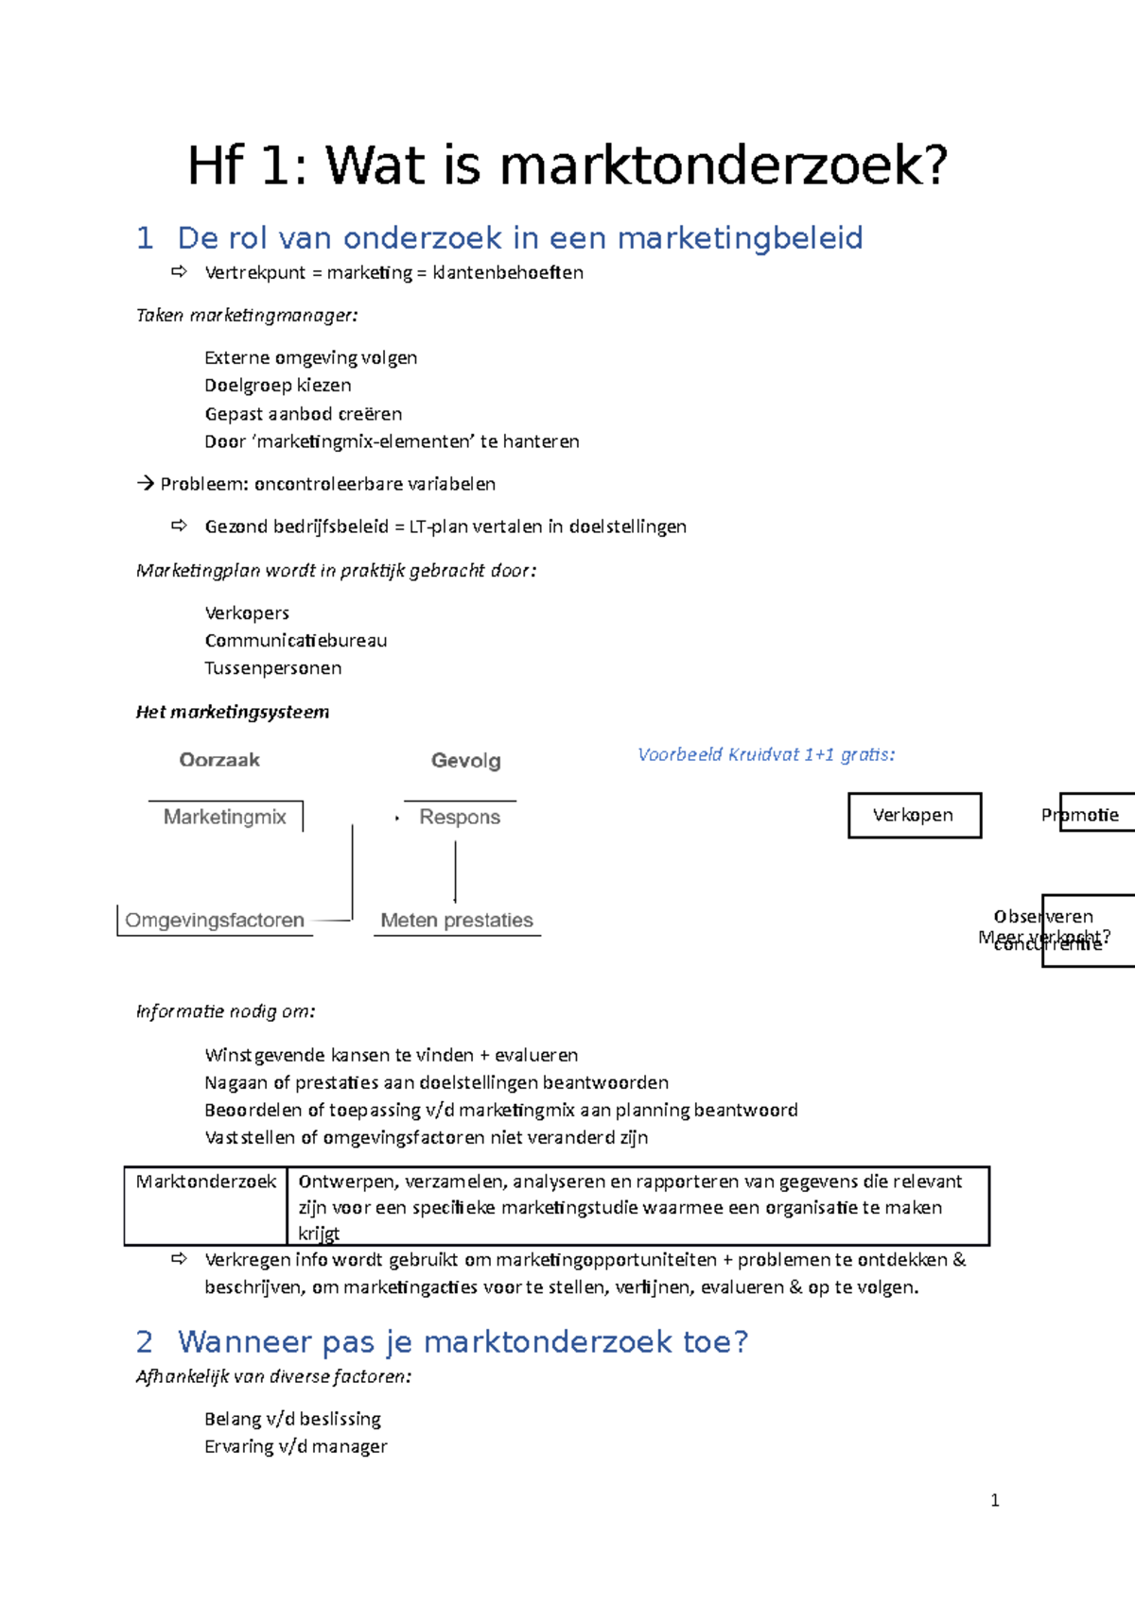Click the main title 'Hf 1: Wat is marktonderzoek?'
[567, 165]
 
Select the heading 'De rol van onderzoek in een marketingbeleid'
[519, 237]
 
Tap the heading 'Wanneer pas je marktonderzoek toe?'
[463, 1341]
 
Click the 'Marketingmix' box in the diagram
[225, 817]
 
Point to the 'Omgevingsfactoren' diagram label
[215, 920]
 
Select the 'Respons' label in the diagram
[460, 817]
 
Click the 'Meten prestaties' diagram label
[457, 920]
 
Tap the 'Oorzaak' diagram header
[219, 760]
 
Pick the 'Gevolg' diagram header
[465, 761]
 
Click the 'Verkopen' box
[914, 815]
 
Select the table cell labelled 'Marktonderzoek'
[206, 1182]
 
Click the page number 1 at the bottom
[994, 1500]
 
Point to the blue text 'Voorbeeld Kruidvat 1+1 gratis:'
[766, 754]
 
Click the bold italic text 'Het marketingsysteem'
[233, 712]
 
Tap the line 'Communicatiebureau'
[296, 641]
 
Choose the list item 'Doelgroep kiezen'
[278, 385]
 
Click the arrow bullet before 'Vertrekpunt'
[179, 272]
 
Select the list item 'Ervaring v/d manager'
[296, 1446]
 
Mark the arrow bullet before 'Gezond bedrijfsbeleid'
[179, 526]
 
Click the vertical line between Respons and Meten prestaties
[456, 871]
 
